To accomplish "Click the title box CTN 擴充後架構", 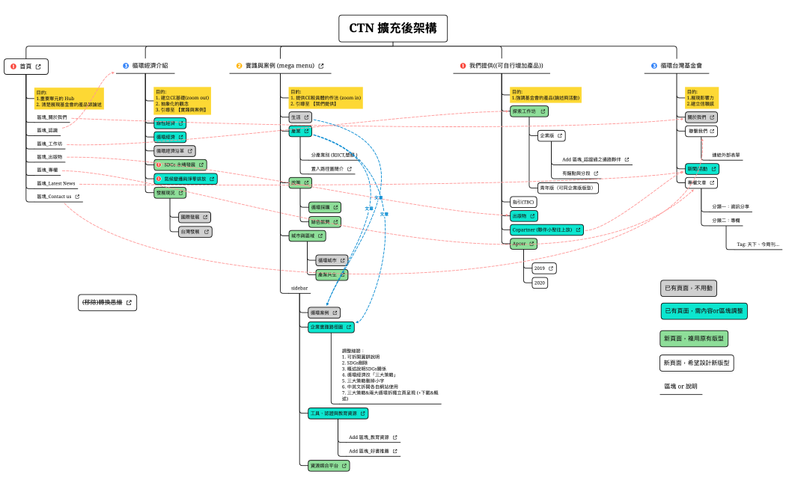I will [x=392, y=28].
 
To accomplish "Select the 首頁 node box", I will [x=26, y=67].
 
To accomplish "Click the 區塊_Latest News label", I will [x=56, y=183].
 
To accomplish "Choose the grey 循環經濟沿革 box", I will [x=174, y=150].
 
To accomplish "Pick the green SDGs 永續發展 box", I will [x=180, y=164].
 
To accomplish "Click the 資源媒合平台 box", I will [x=329, y=465].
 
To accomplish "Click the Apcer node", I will [x=523, y=243].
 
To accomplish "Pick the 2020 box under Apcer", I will [x=540, y=283].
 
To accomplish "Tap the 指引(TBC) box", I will [x=523, y=202].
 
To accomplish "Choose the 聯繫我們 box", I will [x=701, y=131].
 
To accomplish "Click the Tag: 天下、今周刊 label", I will [x=757, y=244].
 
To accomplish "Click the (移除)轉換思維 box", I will [x=108, y=302].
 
